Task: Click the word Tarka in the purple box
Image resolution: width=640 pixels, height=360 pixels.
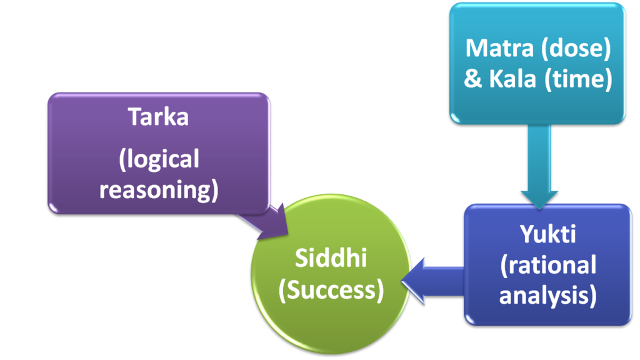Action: click(x=158, y=117)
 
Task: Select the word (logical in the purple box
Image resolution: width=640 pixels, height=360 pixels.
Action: click(x=159, y=159)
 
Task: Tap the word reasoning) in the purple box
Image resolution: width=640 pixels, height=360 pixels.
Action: click(x=159, y=190)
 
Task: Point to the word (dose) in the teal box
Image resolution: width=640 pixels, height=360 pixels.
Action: click(x=576, y=48)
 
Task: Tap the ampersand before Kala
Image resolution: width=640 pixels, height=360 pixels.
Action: click(x=473, y=80)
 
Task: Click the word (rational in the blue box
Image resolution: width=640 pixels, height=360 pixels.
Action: click(x=547, y=265)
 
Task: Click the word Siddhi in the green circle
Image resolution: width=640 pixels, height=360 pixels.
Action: click(x=331, y=259)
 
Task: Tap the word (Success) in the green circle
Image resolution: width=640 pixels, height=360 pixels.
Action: click(x=331, y=290)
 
